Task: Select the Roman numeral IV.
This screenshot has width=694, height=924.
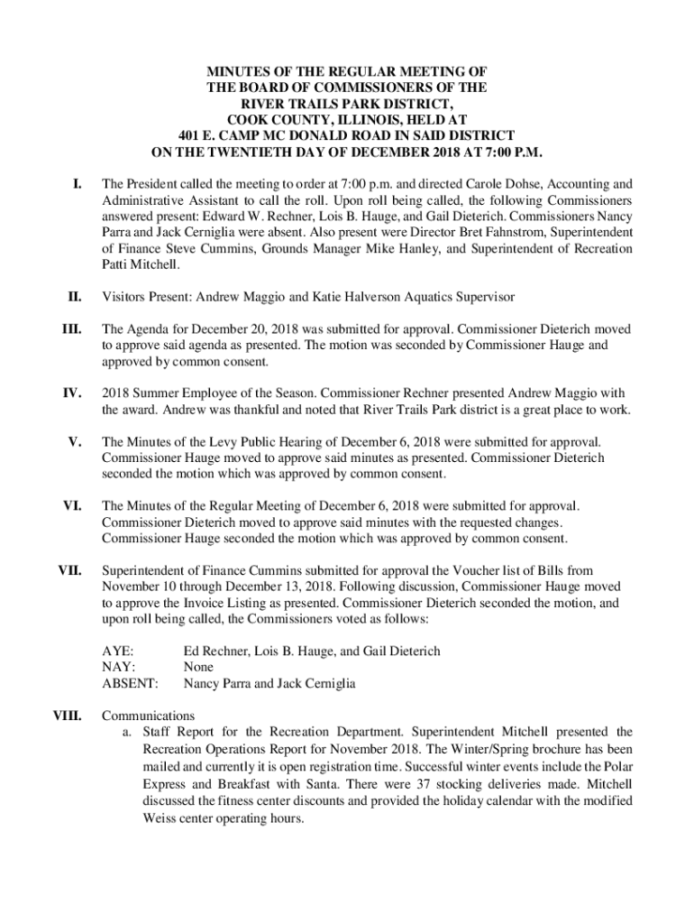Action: (72, 393)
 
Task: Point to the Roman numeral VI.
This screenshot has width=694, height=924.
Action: (72, 506)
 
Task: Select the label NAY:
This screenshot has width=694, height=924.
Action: (118, 667)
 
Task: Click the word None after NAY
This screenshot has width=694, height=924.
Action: (199, 667)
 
